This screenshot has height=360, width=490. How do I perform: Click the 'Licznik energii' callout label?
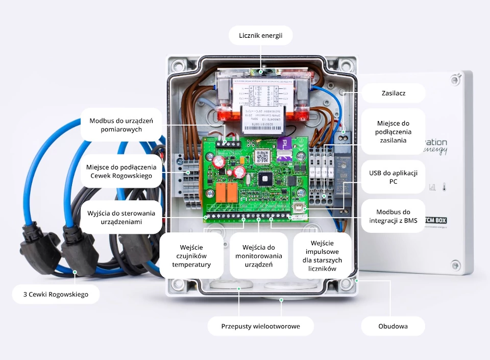260,36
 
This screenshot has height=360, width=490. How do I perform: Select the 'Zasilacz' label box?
394,93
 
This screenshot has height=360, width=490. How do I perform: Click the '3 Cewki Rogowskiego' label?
56,294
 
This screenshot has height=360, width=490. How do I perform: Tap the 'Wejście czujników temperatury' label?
191,256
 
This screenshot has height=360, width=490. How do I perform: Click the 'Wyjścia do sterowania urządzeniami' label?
121,218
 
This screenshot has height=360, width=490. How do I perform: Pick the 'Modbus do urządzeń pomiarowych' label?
121,125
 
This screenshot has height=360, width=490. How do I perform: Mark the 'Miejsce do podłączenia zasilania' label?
393,131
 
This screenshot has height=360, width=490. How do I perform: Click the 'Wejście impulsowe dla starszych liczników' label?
322,256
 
